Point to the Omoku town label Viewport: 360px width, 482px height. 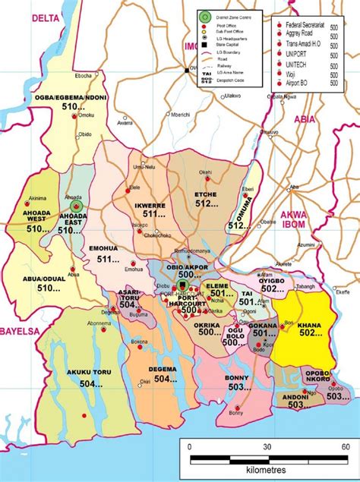point(87,115)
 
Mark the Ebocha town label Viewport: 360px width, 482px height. point(84,76)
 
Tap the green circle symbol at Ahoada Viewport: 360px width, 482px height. point(75,205)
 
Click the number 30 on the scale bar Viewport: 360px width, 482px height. point(267,446)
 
